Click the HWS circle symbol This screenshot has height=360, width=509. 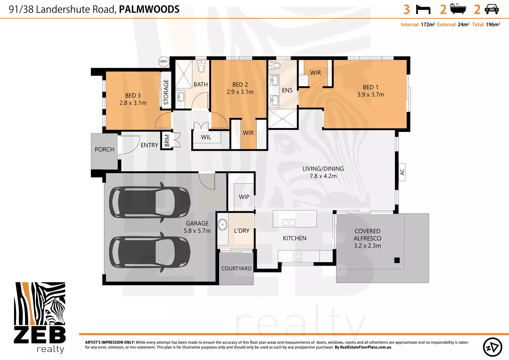pyautogui.click(x=164, y=61)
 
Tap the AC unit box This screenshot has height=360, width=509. pyautogui.click(x=402, y=172)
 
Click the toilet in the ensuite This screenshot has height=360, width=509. pyautogui.click(x=274, y=66)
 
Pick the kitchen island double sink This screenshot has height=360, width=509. pyautogui.click(x=288, y=222)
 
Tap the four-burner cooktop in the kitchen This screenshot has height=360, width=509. pyautogui.click(x=297, y=257)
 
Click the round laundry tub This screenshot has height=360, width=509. pyautogui.click(x=223, y=224)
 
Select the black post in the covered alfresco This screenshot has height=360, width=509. pyautogui.click(x=397, y=260)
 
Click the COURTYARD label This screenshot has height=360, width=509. pyautogui.click(x=236, y=268)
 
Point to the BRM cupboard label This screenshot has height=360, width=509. pyautogui.click(x=167, y=141)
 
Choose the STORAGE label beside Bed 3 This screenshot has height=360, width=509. pyautogui.click(x=166, y=92)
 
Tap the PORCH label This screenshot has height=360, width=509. pyautogui.click(x=104, y=149)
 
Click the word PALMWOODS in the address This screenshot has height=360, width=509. pyautogui.click(x=149, y=9)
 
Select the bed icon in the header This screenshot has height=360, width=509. pyautogui.click(x=423, y=10)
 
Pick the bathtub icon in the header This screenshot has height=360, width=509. pyautogui.click(x=458, y=9)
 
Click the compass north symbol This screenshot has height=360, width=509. pyautogui.click(x=492, y=347)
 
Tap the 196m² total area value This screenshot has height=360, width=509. pyautogui.click(x=493, y=24)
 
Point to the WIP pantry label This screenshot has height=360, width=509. pyautogui.click(x=244, y=197)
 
